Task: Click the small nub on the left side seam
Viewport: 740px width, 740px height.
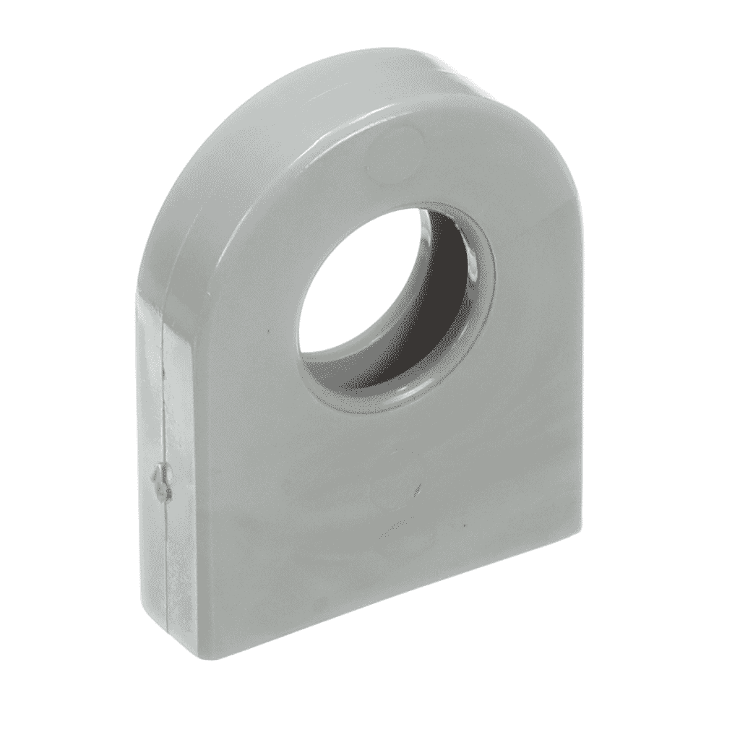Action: (161, 482)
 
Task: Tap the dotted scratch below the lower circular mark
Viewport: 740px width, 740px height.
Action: (394, 531)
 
